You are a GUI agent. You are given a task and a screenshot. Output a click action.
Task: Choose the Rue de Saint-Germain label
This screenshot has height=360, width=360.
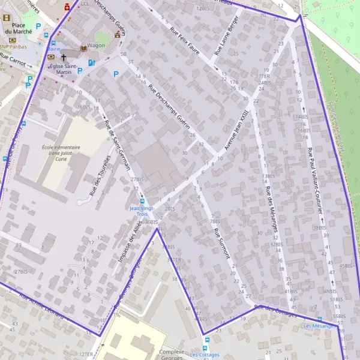point(118,145)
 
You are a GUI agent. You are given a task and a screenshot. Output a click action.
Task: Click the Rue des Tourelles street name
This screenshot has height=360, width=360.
point(100,176)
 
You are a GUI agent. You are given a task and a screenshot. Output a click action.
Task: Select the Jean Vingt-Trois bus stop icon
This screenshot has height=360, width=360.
point(142,201)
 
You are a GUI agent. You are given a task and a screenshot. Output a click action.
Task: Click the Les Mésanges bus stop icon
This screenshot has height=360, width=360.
point(319,319)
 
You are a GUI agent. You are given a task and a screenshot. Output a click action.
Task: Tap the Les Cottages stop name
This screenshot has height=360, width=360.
point(205,355)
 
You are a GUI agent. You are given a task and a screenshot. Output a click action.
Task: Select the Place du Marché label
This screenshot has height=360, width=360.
point(14,29)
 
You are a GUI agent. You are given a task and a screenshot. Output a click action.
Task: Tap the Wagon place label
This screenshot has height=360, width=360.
point(96,45)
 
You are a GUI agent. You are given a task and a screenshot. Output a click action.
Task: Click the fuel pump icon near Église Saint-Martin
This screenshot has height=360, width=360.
point(91,62)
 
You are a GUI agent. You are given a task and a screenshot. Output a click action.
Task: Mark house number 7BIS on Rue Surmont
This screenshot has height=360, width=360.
point(214,221)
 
